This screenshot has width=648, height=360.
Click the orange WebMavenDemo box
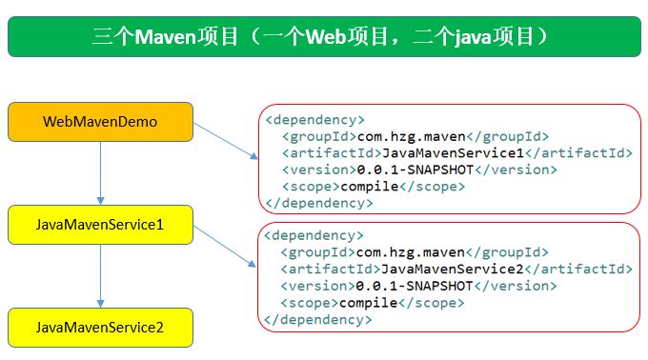click(x=100, y=122)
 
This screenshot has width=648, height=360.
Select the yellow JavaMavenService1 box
click(x=100, y=225)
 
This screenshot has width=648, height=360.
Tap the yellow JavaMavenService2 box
click(x=100, y=327)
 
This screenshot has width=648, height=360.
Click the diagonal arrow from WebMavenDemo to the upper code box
click(x=224, y=138)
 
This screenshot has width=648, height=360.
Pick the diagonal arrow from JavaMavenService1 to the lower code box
click(x=224, y=243)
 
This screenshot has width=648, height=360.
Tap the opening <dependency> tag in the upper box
click(x=314, y=120)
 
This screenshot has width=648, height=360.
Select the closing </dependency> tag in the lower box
click(x=318, y=320)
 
